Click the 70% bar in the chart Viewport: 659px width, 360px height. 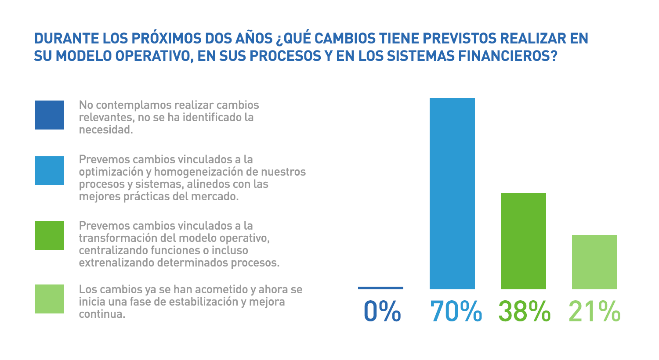tap(452, 193)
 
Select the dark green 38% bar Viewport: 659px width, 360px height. tap(523, 241)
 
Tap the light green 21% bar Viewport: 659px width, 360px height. tap(594, 262)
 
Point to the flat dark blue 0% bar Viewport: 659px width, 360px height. tap(380, 288)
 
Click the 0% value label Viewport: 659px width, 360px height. tap(382, 311)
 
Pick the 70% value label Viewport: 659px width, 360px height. tap(455, 311)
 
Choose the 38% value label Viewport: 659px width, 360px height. tap(524, 311)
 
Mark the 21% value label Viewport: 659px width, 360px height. tap(594, 311)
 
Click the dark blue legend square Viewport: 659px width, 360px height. tap(50, 115)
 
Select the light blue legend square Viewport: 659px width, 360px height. tap(50, 170)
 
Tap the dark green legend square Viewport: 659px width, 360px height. tap(50, 235)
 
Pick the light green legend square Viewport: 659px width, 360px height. tap(50, 299)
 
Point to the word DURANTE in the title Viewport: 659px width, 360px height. tap(66, 39)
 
